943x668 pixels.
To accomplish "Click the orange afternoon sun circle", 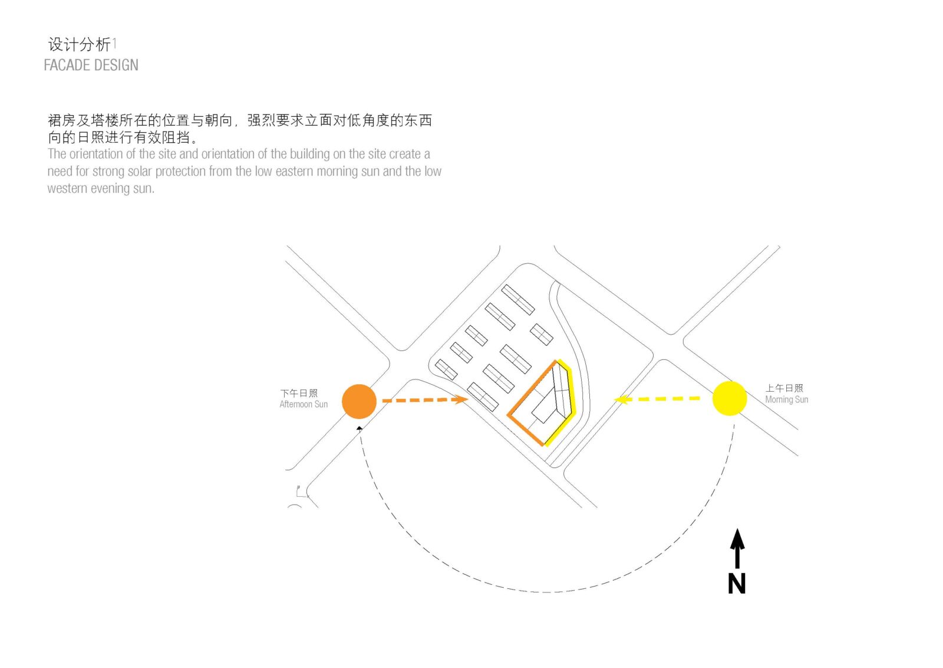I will pos(359,401).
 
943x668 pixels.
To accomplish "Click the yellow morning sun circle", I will pos(730,398).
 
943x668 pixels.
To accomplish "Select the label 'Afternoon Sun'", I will pos(304,404).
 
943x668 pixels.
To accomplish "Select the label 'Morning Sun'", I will pos(786,400).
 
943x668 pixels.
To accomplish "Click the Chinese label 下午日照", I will pos(299,393).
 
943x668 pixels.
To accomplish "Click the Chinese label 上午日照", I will pos(784,388).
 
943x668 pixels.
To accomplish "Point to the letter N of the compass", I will pos(737,584).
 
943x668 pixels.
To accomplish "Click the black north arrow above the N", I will pos(737,546).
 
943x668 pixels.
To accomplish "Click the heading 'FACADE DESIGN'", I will pos(91,65).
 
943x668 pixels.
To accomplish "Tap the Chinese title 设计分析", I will pos(79,44).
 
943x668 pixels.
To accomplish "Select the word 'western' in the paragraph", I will pos(67,189).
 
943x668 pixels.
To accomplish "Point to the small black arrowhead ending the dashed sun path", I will pos(360,428).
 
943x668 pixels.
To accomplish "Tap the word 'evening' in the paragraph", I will pos(110,189).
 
